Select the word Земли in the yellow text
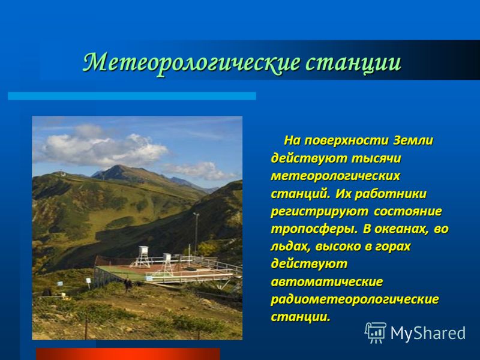click(x=413, y=140)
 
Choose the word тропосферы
click(x=314, y=229)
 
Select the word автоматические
click(x=326, y=281)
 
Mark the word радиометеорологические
click(x=355, y=299)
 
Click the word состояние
click(x=407, y=211)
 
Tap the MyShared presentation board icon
click(x=375, y=332)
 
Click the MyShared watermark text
click(x=428, y=333)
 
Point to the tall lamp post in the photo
click(x=196, y=233)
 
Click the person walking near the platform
click(x=127, y=284)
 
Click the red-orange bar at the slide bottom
click(x=128, y=354)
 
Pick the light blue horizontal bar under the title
click(x=132, y=96)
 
